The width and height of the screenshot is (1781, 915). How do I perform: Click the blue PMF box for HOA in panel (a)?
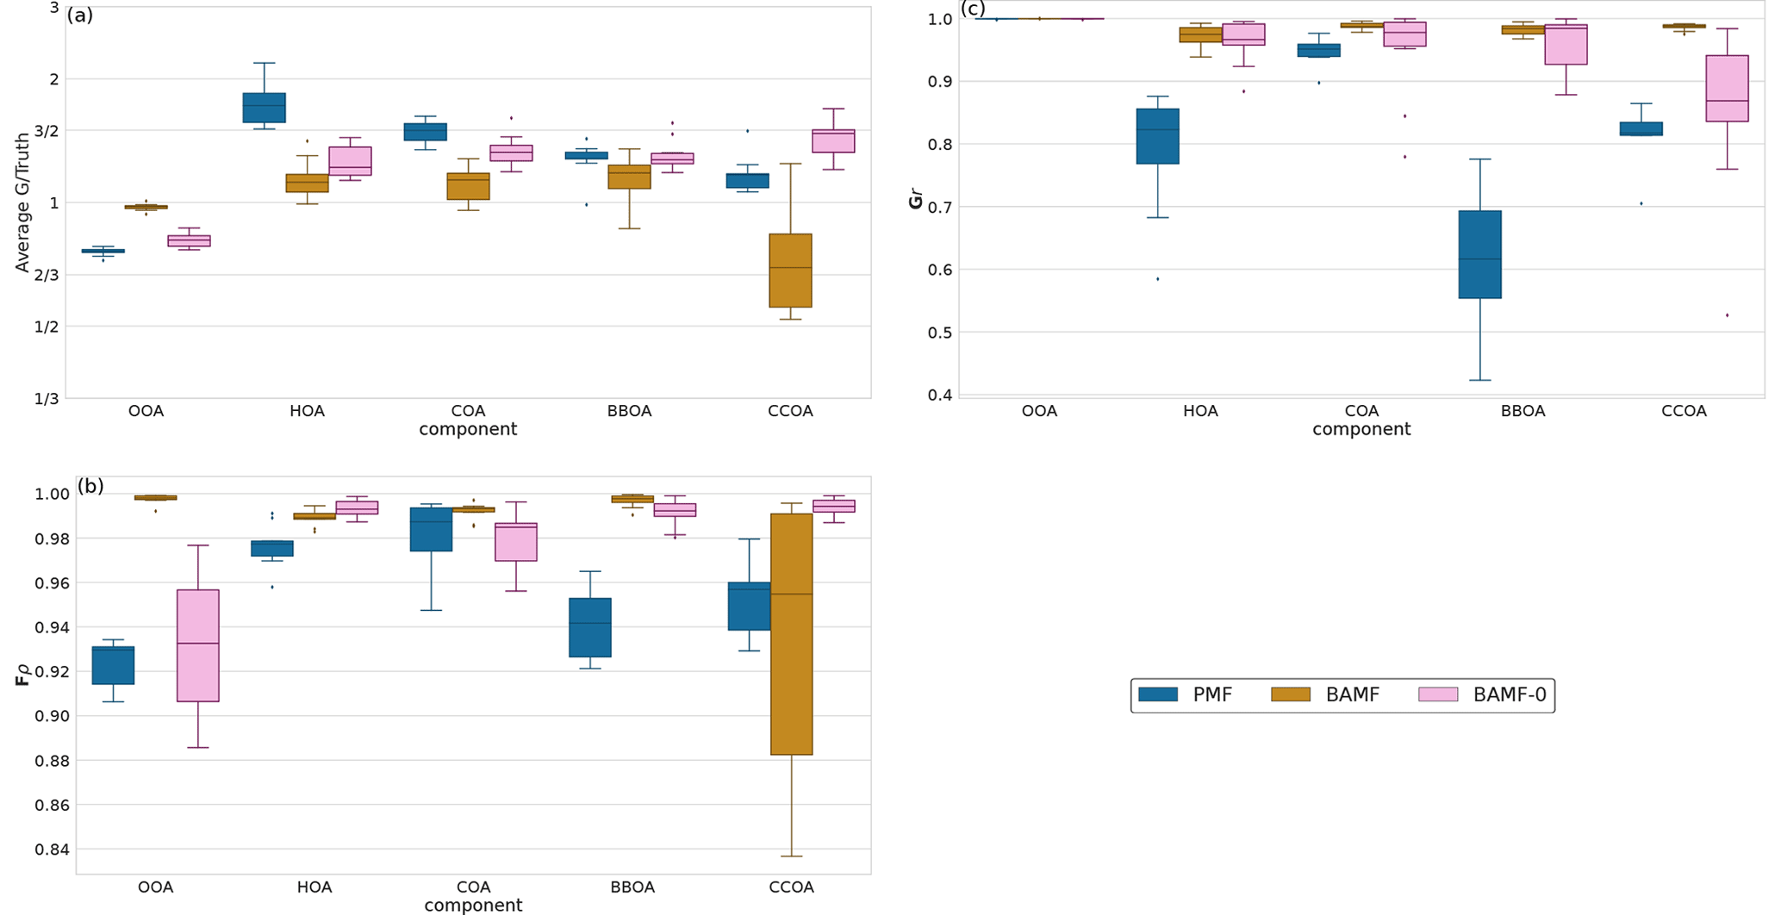[265, 108]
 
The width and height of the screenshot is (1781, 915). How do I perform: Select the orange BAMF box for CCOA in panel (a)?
[790, 271]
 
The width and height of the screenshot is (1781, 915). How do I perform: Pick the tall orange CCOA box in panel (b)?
[791, 634]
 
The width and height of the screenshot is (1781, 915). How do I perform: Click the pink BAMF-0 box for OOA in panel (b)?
[198, 645]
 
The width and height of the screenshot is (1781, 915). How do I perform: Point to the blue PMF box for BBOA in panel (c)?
[1479, 254]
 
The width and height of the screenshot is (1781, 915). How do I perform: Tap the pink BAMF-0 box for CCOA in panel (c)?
[1727, 89]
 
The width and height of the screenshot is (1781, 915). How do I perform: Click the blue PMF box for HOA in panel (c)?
[1157, 136]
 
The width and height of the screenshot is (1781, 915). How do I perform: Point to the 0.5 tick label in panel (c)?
[941, 333]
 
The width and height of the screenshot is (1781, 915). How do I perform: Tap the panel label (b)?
[90, 486]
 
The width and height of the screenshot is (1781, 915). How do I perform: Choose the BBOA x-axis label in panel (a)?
[629, 411]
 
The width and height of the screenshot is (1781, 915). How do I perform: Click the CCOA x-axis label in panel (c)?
[1684, 411]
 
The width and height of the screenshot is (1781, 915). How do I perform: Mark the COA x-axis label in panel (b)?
[473, 887]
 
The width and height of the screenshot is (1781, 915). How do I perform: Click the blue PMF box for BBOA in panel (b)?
[590, 627]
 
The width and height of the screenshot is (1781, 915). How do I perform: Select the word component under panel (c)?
[1361, 429]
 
